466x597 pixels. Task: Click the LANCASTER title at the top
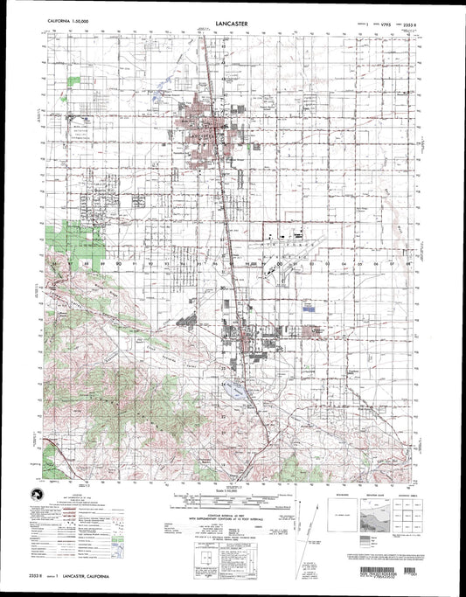pos(232,14)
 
